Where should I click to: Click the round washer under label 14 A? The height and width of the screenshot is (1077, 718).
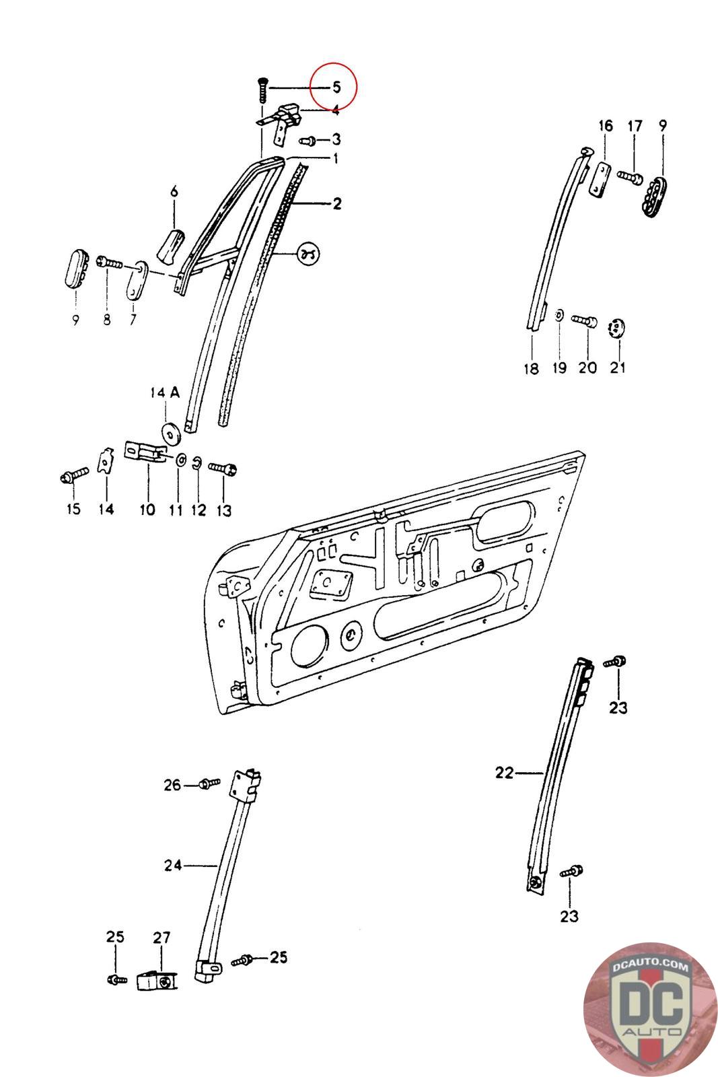pyautogui.click(x=171, y=433)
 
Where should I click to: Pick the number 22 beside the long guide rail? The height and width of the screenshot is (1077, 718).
pyautogui.click(x=504, y=773)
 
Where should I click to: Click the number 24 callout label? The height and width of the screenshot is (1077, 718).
pyautogui.click(x=173, y=865)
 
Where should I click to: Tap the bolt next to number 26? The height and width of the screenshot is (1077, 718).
pyautogui.click(x=209, y=784)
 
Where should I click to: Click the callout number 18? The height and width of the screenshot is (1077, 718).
pyautogui.click(x=531, y=368)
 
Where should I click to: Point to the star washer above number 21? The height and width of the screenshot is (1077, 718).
pyautogui.click(x=617, y=328)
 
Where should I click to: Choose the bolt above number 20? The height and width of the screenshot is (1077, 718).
pyautogui.click(x=585, y=321)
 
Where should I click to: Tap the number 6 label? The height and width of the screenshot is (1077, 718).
pyautogui.click(x=174, y=192)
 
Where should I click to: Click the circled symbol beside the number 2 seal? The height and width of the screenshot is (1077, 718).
pyautogui.click(x=309, y=254)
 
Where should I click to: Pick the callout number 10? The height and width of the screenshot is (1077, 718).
pyautogui.click(x=147, y=510)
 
